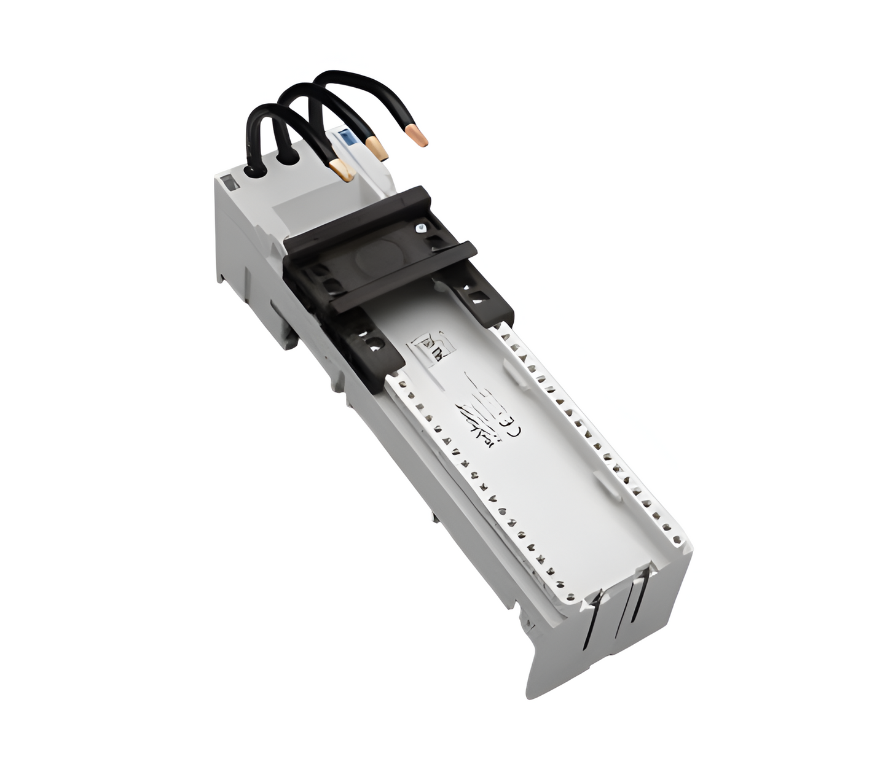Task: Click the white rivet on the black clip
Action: click(420, 228)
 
